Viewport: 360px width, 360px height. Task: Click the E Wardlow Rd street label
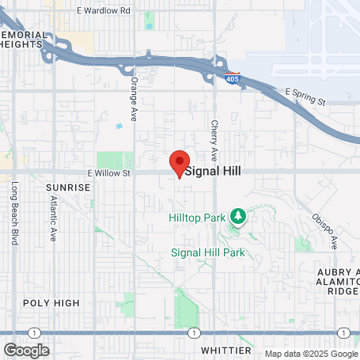click(x=103, y=11)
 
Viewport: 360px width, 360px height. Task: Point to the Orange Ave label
click(x=134, y=94)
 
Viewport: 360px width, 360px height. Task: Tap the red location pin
click(x=180, y=163)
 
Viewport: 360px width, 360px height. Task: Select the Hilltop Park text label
click(x=196, y=216)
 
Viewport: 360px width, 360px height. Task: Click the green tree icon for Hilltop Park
click(x=237, y=215)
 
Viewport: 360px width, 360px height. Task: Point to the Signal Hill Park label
click(x=208, y=252)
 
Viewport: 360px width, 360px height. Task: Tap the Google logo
click(x=26, y=351)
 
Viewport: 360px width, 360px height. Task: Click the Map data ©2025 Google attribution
click(x=312, y=354)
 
